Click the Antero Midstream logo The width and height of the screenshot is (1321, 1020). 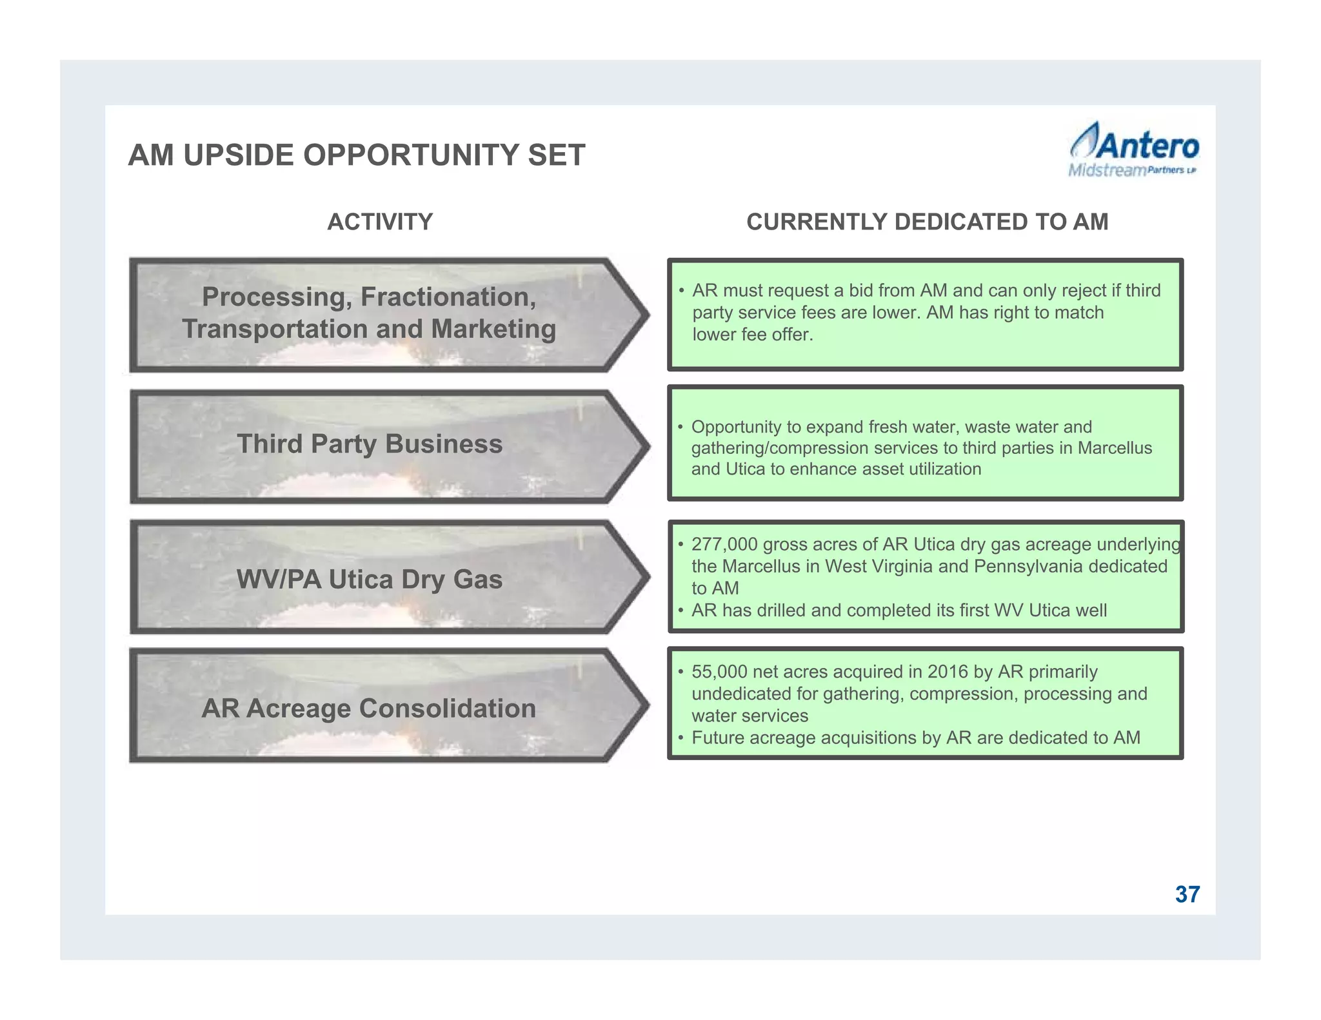[x=1133, y=150]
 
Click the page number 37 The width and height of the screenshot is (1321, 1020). [x=1187, y=894]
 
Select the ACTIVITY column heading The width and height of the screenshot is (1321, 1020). [x=380, y=222]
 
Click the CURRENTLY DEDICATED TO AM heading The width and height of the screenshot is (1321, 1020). [x=927, y=222]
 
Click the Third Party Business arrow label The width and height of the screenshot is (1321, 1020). [x=369, y=444]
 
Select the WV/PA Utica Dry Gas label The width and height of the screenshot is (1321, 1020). [x=369, y=579]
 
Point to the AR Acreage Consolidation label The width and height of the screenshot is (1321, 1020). [x=368, y=708]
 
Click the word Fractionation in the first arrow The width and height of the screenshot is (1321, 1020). [x=448, y=297]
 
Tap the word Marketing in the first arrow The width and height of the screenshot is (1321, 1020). [x=493, y=329]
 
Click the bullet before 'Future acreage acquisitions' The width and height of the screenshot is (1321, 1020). [x=680, y=738]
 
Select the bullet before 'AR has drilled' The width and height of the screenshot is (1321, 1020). [x=680, y=610]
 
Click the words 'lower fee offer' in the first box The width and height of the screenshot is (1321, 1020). [x=752, y=334]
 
